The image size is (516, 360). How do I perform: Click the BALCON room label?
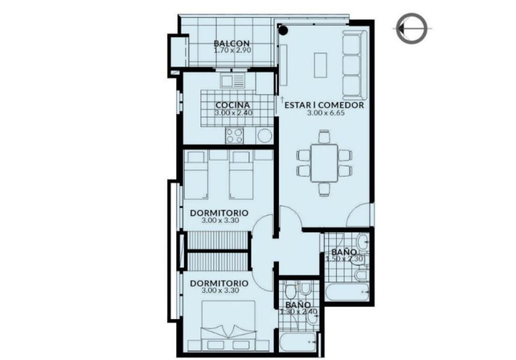click(x=232, y=43)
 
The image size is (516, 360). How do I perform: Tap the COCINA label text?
click(x=233, y=105)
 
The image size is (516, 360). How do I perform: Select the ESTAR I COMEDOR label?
click(x=325, y=105)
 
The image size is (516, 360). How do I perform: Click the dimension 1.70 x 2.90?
click(x=233, y=50)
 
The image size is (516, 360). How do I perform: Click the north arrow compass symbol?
click(x=411, y=28)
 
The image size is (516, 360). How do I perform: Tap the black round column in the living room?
click(x=283, y=31)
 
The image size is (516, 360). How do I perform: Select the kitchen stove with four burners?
click(x=234, y=135)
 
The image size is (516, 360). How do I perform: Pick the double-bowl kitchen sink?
click(x=233, y=81)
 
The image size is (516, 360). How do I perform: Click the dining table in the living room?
click(x=324, y=163)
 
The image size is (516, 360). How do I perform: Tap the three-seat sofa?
click(x=355, y=65)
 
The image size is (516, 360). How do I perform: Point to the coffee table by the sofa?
click(x=320, y=65)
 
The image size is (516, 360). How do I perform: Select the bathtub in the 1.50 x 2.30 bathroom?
click(x=347, y=292)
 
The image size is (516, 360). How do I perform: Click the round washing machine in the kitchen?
click(x=264, y=136)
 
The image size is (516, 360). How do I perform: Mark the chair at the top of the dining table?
click(x=324, y=137)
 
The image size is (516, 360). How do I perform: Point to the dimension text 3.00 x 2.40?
click(x=233, y=113)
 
